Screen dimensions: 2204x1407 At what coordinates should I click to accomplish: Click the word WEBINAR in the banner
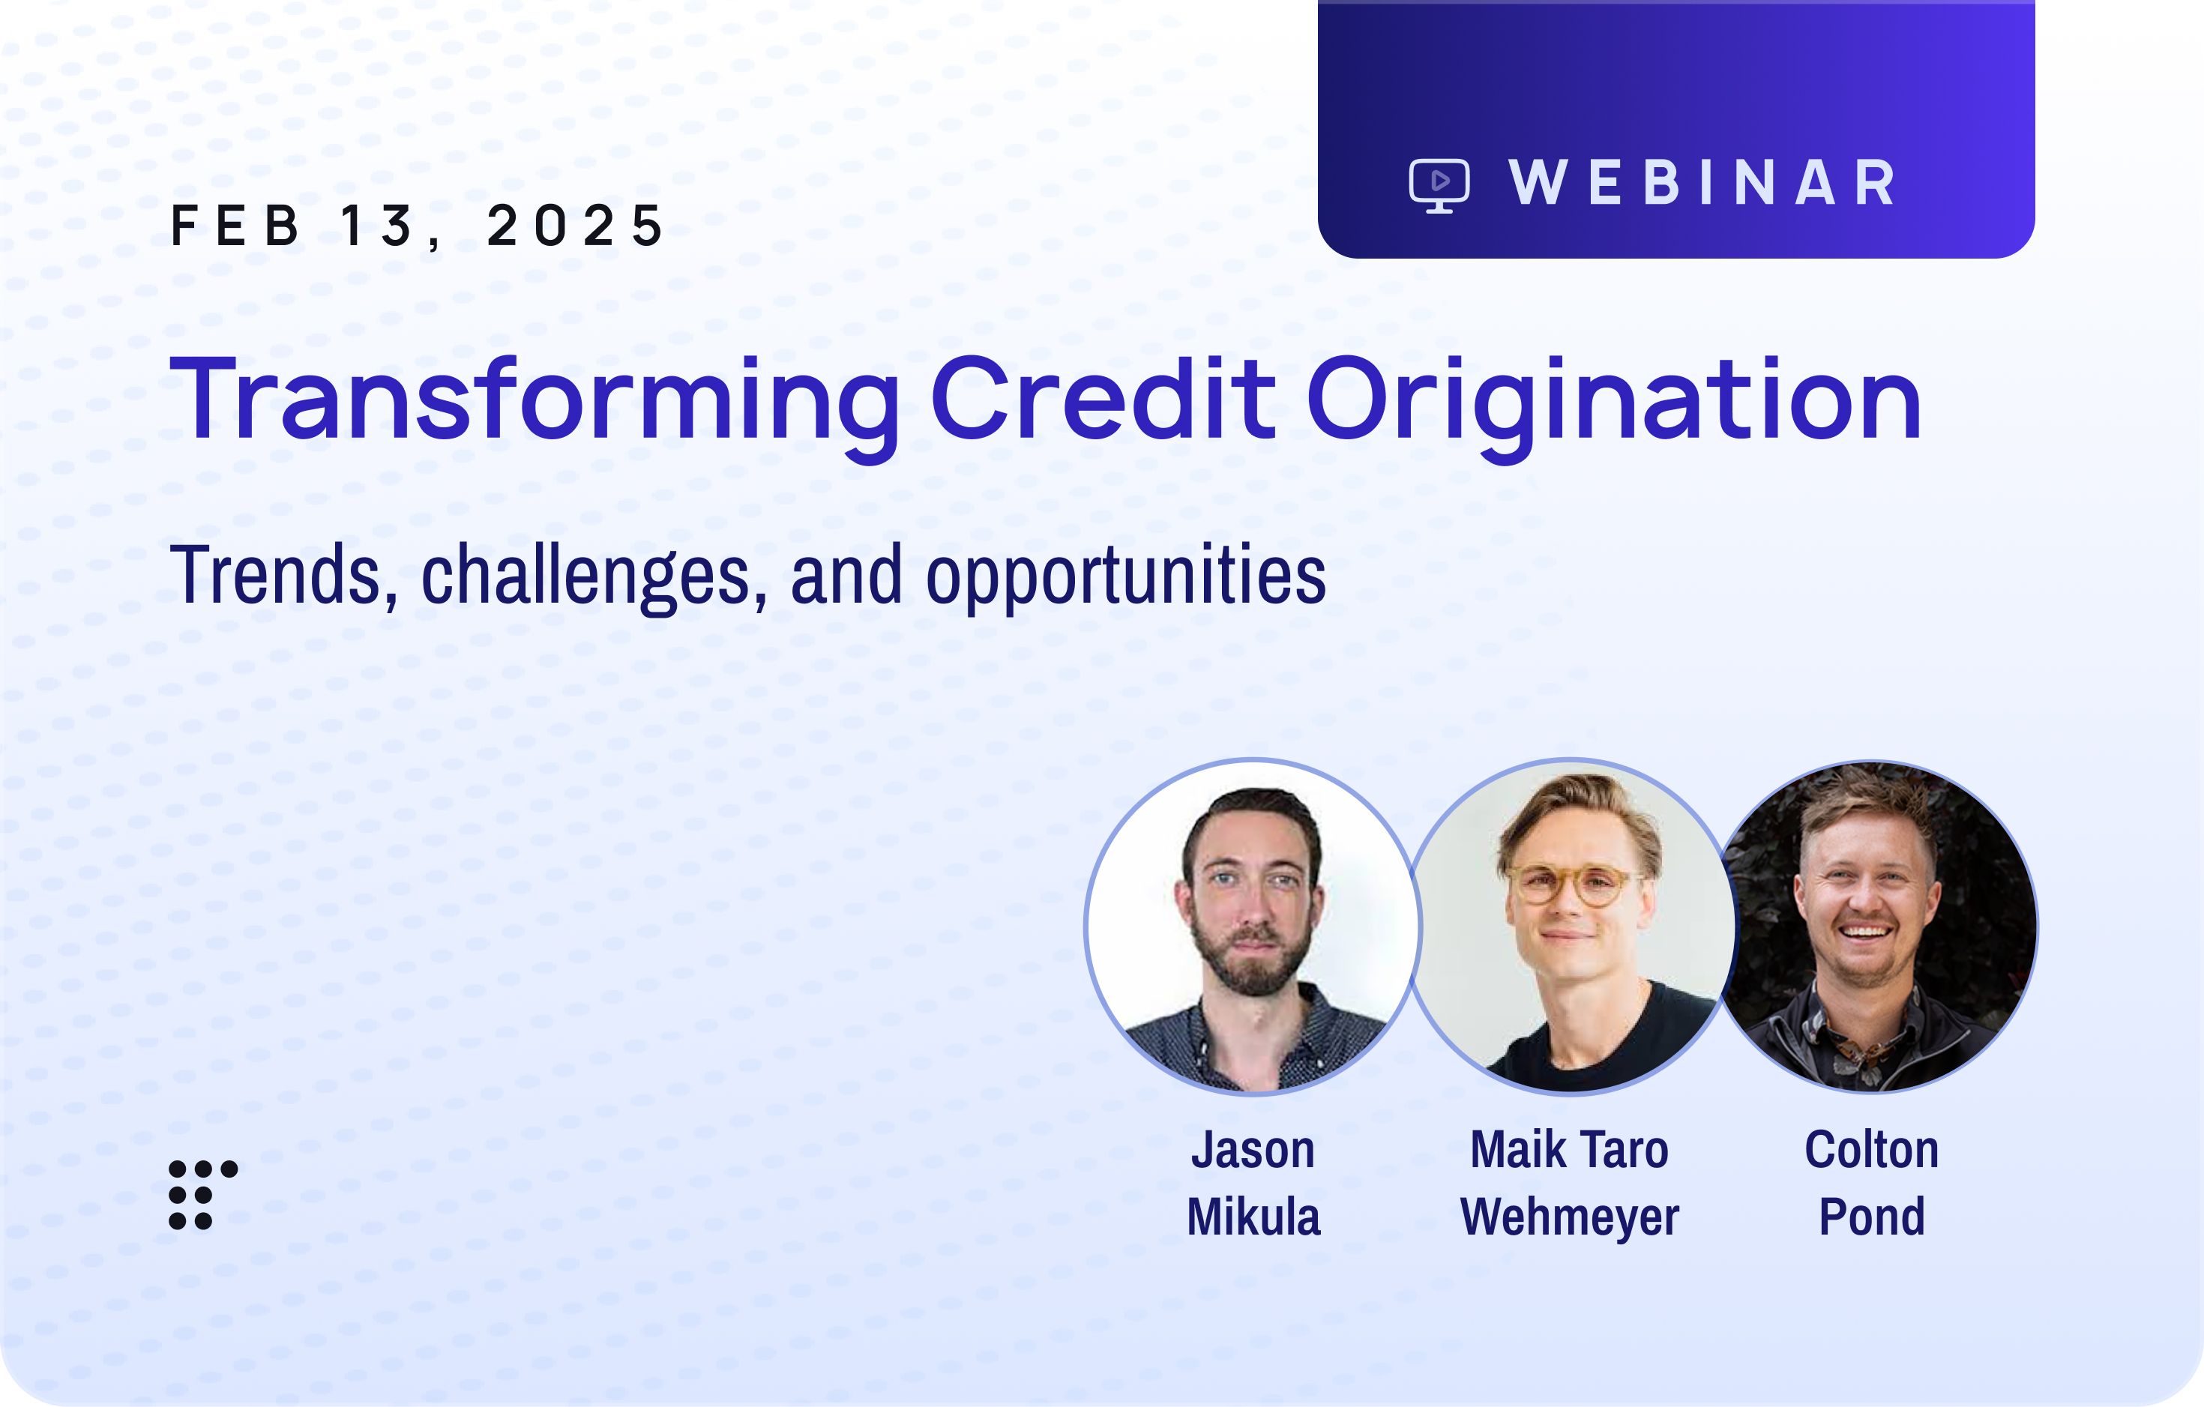pos(1702,183)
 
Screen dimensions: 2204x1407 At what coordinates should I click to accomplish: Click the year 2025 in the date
pos(575,225)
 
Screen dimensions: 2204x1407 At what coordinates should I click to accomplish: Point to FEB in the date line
pos(235,225)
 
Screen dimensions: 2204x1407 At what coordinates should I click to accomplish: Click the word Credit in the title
pos(1103,398)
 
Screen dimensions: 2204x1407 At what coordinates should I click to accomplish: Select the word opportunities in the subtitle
pos(1126,576)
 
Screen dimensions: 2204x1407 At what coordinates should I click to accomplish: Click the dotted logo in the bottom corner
pos(203,1195)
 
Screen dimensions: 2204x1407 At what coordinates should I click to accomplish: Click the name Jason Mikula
pos(1253,1183)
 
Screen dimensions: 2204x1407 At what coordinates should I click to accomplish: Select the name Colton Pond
pos(1872,1183)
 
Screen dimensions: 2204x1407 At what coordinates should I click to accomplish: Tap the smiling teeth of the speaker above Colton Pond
pos(1865,933)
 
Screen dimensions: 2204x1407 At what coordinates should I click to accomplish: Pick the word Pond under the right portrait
pos(1872,1217)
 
